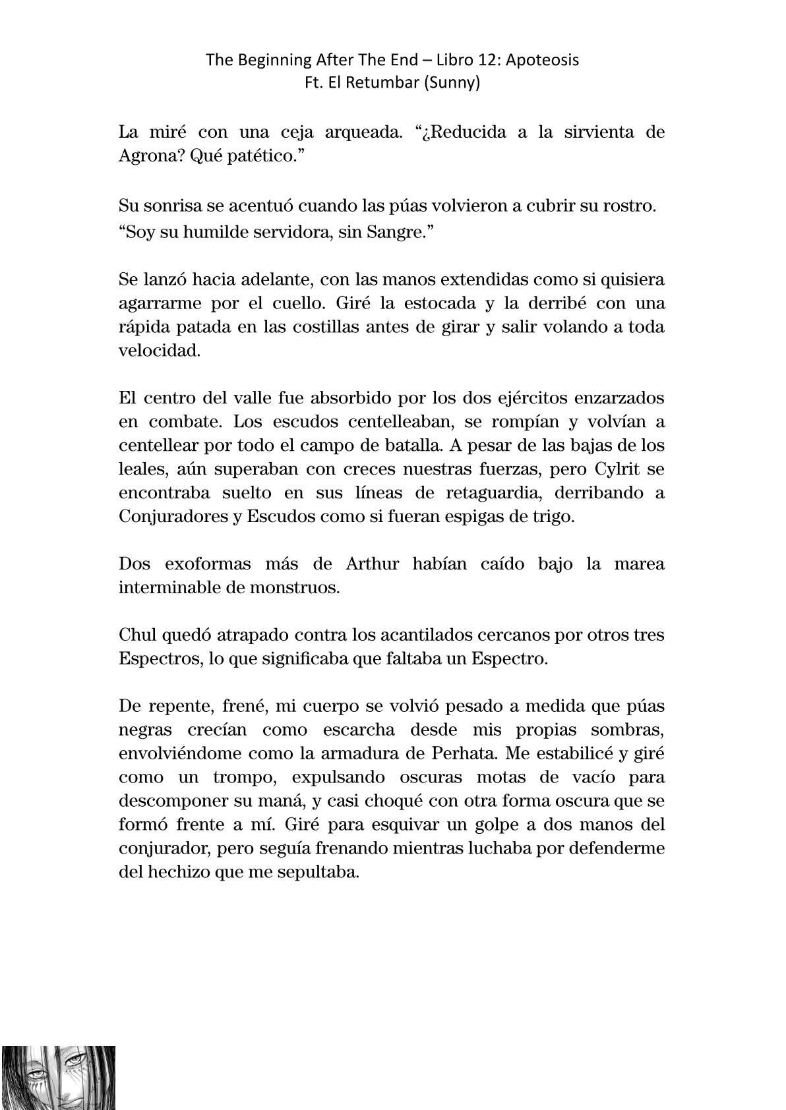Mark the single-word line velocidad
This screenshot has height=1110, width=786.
point(159,351)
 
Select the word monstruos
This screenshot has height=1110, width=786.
point(301,588)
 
